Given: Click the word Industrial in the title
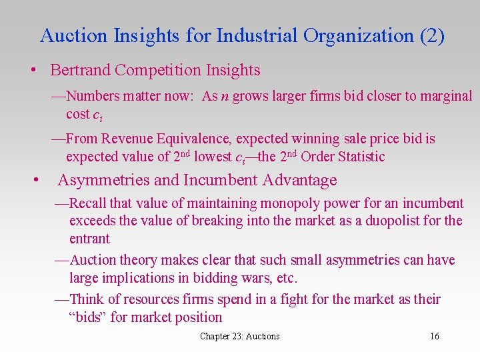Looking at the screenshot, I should (257, 36).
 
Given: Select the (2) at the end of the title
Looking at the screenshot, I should (432, 36).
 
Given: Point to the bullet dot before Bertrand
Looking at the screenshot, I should (31, 70).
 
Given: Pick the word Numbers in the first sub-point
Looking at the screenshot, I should (93, 96).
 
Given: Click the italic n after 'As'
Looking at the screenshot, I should (225, 97).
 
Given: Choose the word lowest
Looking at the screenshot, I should (213, 157).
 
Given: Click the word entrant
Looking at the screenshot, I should (89, 239).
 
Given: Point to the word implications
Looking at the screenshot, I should (141, 277).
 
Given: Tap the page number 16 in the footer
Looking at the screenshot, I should (435, 336).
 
